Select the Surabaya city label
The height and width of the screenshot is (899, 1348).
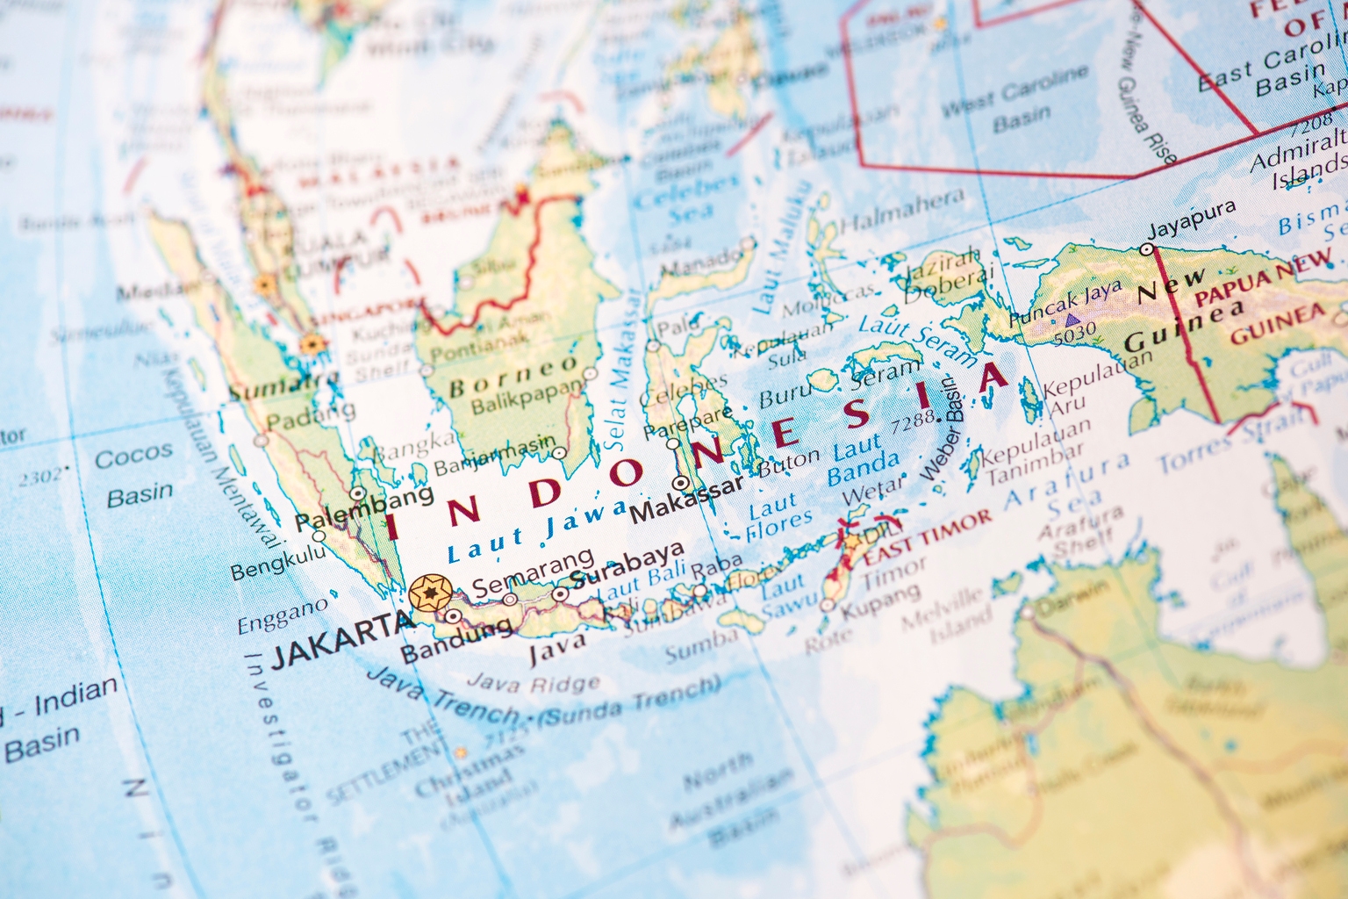[x=627, y=565]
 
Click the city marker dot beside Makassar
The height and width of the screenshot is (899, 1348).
[x=680, y=483]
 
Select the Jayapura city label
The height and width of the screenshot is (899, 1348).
[x=1192, y=219]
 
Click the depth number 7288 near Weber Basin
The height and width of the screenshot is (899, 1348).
[x=913, y=421]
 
